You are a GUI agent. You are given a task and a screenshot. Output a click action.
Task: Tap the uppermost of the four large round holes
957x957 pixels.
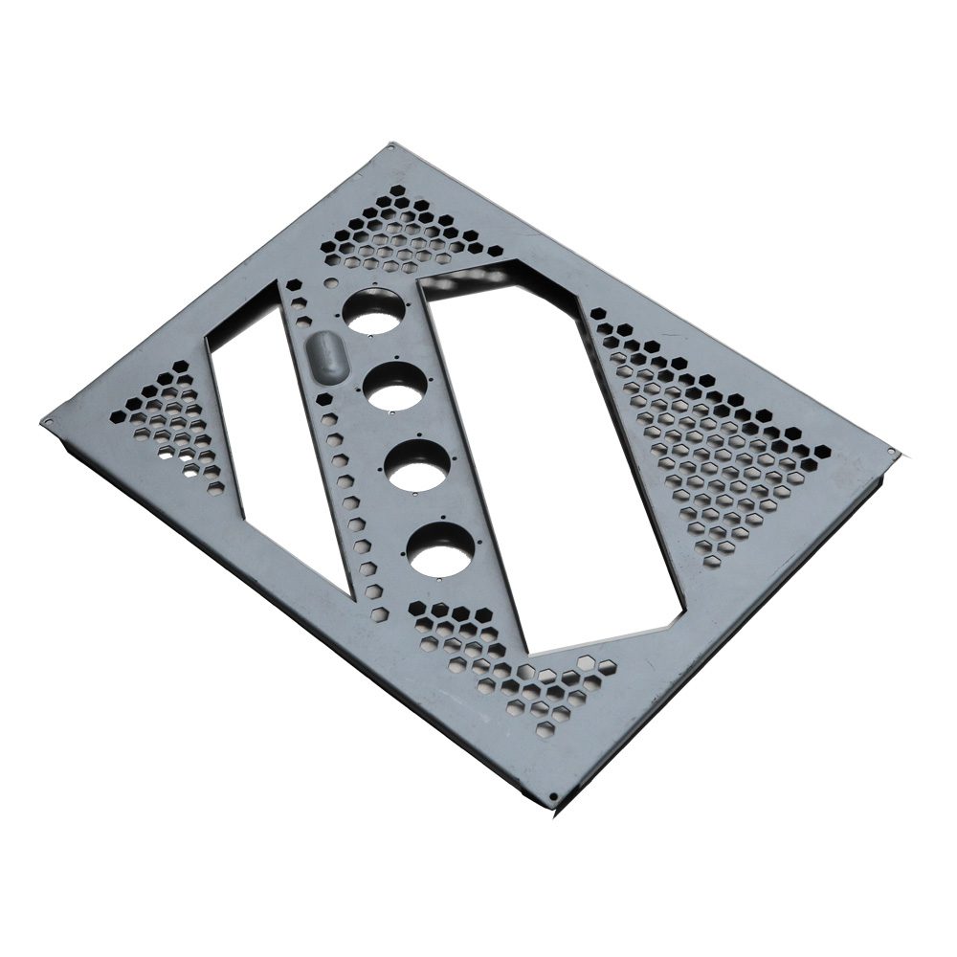pyautogui.click(x=374, y=312)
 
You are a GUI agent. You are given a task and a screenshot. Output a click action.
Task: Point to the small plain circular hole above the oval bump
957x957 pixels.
pyautogui.click(x=331, y=284)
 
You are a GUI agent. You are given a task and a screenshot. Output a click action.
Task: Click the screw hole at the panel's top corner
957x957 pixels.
pyautogui.click(x=392, y=147)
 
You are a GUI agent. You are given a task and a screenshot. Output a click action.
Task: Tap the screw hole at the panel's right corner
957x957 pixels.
pyautogui.click(x=891, y=451)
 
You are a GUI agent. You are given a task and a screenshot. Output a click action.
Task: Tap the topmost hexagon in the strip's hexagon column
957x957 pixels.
pyautogui.click(x=293, y=284)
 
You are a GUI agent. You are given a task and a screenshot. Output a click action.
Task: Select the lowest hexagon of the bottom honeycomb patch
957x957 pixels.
pyautogui.click(x=545, y=729)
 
